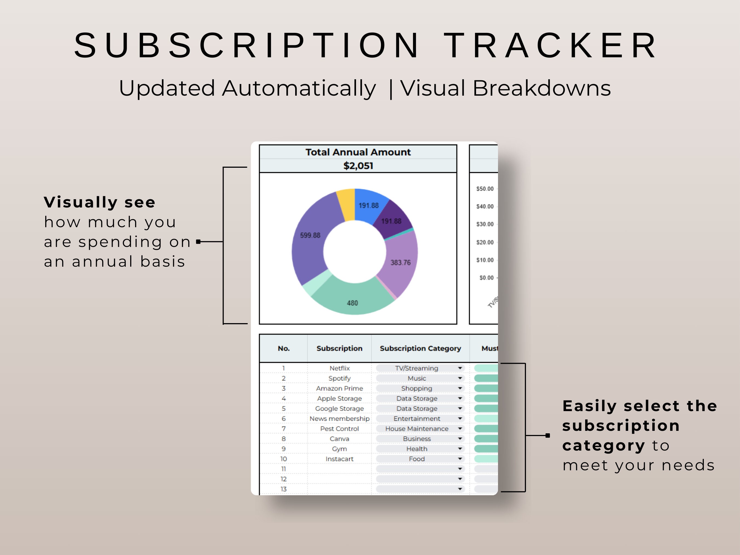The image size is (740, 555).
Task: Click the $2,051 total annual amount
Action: pyautogui.click(x=358, y=166)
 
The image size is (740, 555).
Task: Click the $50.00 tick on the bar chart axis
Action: pyautogui.click(x=485, y=189)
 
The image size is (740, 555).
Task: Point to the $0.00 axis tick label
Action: pyautogui.click(x=486, y=278)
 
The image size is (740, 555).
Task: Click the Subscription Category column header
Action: pyautogui.click(x=420, y=348)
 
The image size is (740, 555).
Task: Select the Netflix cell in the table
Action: pyautogui.click(x=339, y=368)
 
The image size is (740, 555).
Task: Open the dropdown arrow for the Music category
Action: pyautogui.click(x=460, y=378)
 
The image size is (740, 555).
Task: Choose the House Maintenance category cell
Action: pyautogui.click(x=417, y=429)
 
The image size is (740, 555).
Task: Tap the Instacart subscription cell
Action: pyautogui.click(x=339, y=459)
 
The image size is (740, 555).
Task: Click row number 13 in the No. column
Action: pyautogui.click(x=283, y=489)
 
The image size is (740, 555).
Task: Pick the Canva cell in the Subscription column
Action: pyautogui.click(x=339, y=439)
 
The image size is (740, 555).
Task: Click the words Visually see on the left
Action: pyautogui.click(x=100, y=202)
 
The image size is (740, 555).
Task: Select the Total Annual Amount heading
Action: pyautogui.click(x=358, y=152)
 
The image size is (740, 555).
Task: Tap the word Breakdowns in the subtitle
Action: pyautogui.click(x=541, y=88)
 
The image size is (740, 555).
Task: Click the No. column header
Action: pyautogui.click(x=283, y=348)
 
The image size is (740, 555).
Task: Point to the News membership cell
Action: pyautogui.click(x=339, y=419)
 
